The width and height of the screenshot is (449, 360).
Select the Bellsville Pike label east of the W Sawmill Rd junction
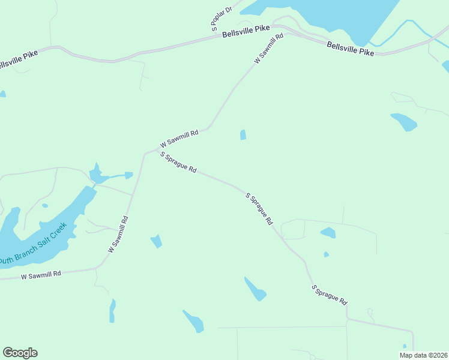click(351, 49)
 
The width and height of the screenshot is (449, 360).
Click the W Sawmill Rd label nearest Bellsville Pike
click(268, 49)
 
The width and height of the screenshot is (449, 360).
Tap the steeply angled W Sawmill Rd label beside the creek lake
click(118, 233)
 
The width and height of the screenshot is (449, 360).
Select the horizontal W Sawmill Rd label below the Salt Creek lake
click(41, 275)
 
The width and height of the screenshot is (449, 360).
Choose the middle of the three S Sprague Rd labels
click(259, 208)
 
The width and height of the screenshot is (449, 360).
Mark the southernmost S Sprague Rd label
click(330, 294)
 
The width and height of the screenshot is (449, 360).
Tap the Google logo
click(20, 353)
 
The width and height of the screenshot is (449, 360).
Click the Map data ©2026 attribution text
click(423, 355)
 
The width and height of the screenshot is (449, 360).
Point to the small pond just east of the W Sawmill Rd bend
click(243, 135)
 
